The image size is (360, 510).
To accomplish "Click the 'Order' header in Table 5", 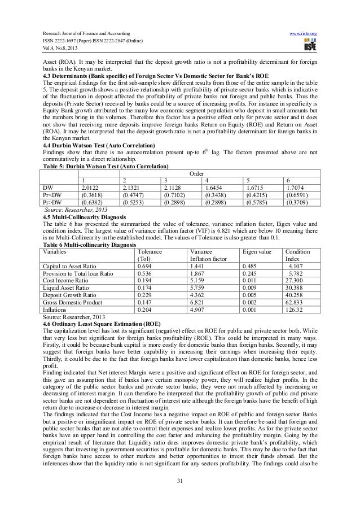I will click(x=196, y=173).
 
